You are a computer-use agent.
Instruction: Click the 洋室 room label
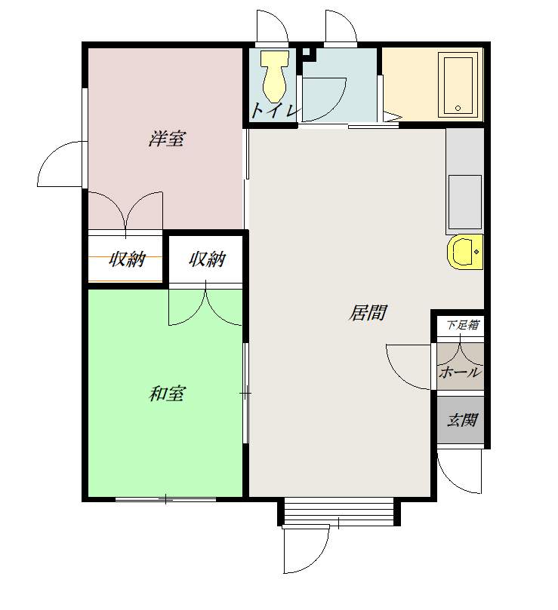click(167, 139)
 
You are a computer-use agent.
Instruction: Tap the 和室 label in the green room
click(167, 394)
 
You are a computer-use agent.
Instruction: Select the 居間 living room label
click(368, 312)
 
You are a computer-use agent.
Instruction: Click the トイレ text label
click(276, 111)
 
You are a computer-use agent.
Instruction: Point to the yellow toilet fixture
click(275, 76)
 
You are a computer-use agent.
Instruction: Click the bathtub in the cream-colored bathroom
click(458, 84)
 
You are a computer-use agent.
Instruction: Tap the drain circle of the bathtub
click(458, 108)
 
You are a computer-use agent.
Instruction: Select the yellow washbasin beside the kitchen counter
click(465, 252)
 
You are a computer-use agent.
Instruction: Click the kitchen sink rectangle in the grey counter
click(465, 202)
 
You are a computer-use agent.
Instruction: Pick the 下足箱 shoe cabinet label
click(462, 324)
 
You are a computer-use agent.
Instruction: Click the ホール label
click(460, 372)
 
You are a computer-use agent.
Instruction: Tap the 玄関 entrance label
click(462, 420)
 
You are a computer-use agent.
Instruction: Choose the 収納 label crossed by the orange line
click(127, 259)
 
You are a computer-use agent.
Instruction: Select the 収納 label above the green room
click(208, 259)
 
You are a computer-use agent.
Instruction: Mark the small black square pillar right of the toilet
click(307, 52)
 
